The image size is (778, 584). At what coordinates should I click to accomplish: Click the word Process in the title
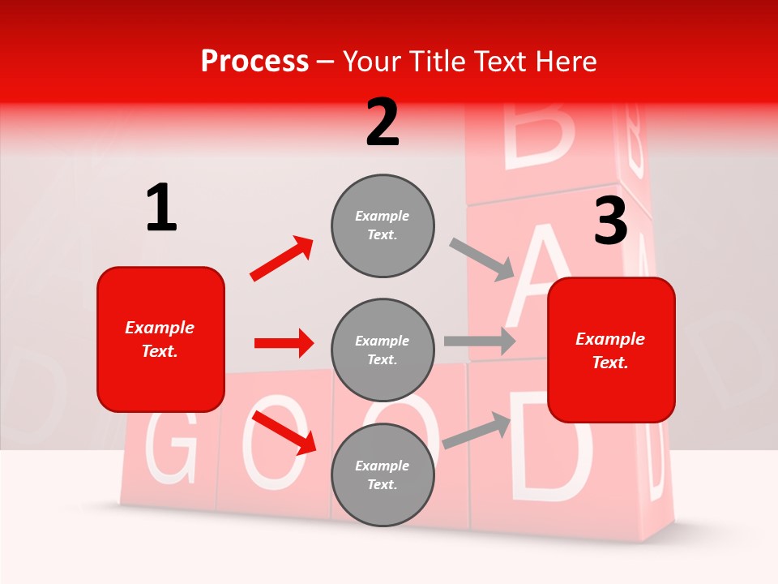pos(254,61)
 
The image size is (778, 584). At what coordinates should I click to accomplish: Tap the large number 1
pos(161,208)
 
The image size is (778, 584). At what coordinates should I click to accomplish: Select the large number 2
pos(383,122)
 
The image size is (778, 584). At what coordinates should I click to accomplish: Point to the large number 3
pos(610,221)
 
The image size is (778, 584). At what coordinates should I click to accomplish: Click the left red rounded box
pos(160,339)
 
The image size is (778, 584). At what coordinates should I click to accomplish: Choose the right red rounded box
pos(611,350)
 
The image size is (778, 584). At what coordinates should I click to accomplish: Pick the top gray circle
pos(383,225)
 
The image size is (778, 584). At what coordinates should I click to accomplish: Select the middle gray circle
pos(383,350)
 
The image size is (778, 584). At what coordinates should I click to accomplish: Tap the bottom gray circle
pos(383,474)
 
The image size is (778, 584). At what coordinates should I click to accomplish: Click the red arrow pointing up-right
pos(282,259)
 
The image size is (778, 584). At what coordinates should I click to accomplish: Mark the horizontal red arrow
pos(284,343)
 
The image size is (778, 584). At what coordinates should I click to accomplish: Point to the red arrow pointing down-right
pos(284,432)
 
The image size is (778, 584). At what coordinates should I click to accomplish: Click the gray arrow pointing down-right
pos(482,260)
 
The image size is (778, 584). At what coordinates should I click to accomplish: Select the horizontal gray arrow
pos(480,341)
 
